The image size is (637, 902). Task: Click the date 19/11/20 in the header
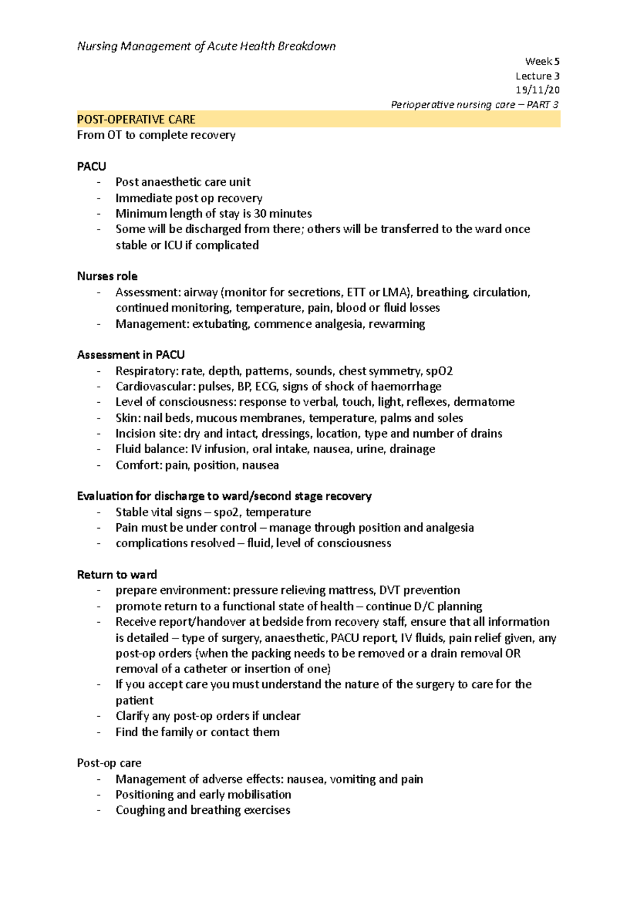[537, 90]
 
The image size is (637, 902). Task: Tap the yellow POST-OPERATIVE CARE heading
[136, 119]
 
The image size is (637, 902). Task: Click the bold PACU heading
[91, 166]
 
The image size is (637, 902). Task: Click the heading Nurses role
[107, 276]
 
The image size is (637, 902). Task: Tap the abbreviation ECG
[266, 386]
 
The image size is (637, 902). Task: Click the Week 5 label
[542, 61]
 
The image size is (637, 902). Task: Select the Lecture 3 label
[537, 76]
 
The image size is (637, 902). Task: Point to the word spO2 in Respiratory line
[439, 371]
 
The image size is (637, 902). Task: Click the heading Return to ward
[117, 574]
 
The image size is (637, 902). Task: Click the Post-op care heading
[109, 763]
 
